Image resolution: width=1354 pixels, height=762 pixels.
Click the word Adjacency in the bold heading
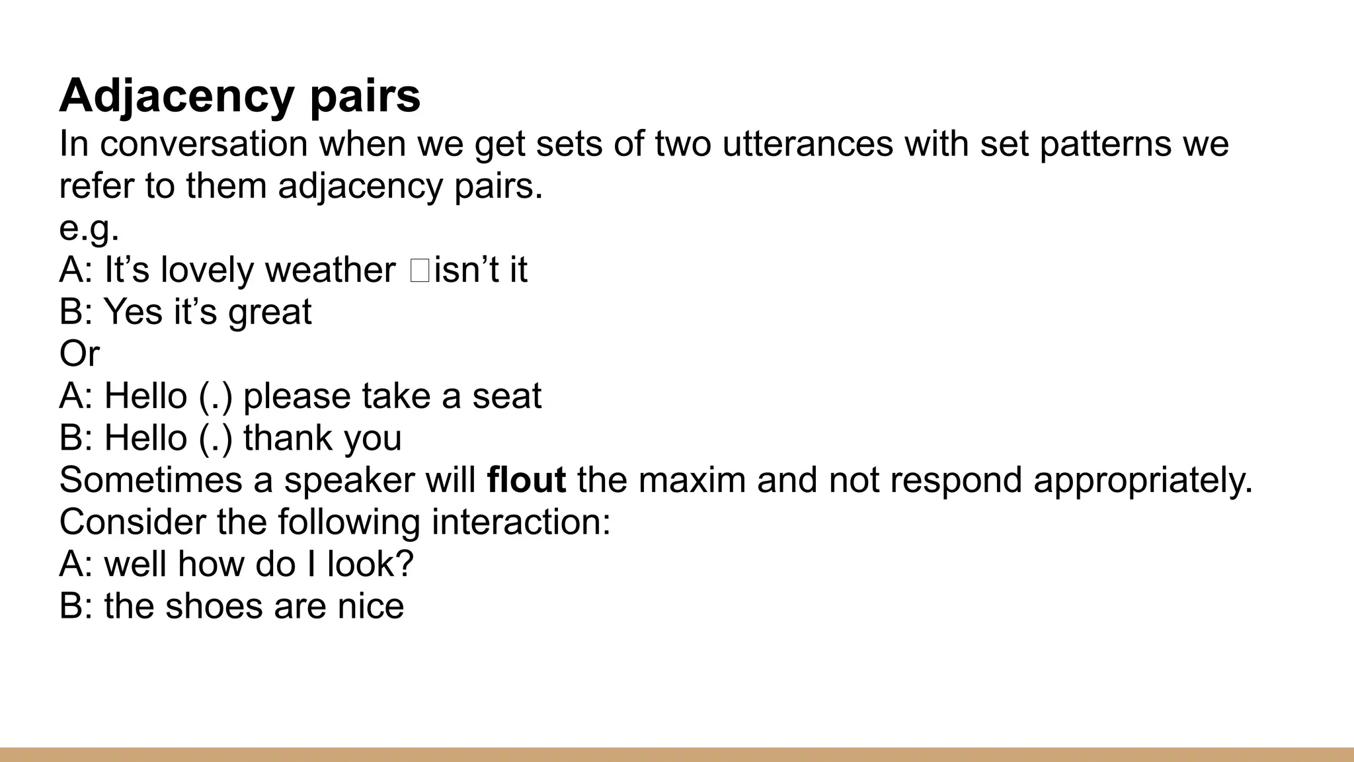tap(177, 97)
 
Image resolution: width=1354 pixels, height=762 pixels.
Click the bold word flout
tap(526, 480)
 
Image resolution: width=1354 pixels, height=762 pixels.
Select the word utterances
tap(807, 144)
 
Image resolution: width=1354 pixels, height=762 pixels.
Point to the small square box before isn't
tap(420, 271)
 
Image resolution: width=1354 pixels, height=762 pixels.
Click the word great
tap(270, 312)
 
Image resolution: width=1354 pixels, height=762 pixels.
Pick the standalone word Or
tap(79, 354)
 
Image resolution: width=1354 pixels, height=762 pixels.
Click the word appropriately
tap(1143, 480)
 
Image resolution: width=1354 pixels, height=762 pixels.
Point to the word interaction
tap(521, 523)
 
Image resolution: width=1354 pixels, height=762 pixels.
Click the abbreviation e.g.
tap(89, 229)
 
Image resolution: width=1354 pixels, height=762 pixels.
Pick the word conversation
tap(204, 144)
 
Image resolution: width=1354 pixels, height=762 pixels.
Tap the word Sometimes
tap(151, 480)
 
